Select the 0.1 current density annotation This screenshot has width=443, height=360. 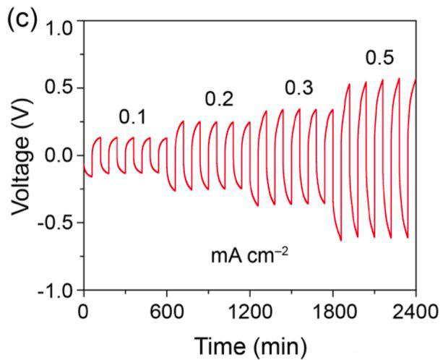(132, 116)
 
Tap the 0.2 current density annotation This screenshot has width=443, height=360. (218, 98)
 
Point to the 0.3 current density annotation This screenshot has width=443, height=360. (298, 88)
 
